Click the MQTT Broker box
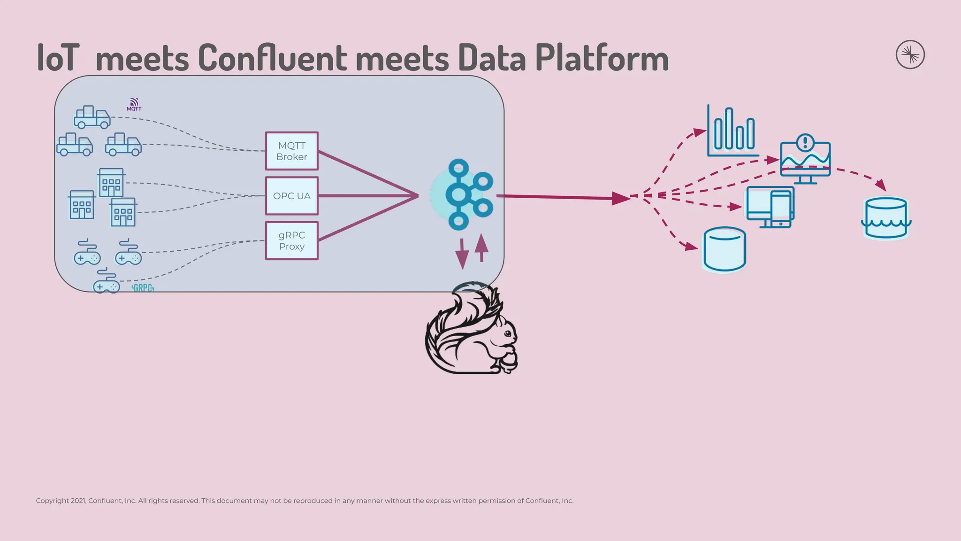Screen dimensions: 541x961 click(291, 151)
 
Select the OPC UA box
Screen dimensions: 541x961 click(291, 196)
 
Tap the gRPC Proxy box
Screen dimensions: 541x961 click(291, 241)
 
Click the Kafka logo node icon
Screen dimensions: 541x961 click(462, 195)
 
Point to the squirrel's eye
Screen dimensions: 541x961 click(508, 333)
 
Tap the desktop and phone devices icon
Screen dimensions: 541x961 click(770, 207)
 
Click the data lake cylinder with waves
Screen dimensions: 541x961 click(886, 218)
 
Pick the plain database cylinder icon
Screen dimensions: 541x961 click(725, 249)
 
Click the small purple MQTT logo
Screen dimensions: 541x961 click(134, 104)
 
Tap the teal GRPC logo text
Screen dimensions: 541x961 click(143, 288)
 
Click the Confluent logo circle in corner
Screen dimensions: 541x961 click(910, 54)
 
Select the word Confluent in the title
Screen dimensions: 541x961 click(272, 58)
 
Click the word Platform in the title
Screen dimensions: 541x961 click(602, 58)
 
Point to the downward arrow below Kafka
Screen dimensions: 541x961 click(462, 254)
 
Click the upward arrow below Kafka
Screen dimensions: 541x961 click(481, 248)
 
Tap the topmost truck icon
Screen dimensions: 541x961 click(92, 117)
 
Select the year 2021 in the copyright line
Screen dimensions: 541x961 click(78, 501)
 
